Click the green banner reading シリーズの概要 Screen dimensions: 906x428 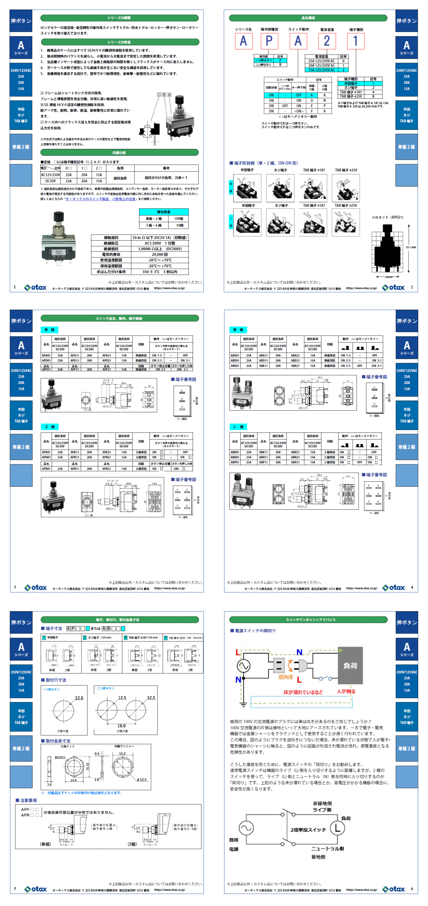(x=119, y=18)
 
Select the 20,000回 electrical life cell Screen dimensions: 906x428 (x=160, y=254)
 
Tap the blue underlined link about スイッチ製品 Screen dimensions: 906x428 (x=101, y=199)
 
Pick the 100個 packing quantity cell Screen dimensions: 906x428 (x=178, y=219)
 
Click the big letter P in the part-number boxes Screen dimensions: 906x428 (x=269, y=41)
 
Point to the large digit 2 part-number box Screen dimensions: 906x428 (x=327, y=41)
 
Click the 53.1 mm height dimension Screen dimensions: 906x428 (x=411, y=247)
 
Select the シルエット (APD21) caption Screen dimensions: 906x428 (x=387, y=217)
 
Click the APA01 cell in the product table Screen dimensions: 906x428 (x=46, y=355)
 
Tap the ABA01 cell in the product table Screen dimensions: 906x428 (x=235, y=355)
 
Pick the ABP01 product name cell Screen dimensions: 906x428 (x=235, y=462)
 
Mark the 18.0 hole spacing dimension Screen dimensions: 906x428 (x=121, y=725)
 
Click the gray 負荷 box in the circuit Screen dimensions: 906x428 (x=350, y=665)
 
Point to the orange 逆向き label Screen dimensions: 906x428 (x=285, y=676)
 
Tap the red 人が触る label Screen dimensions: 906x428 (x=346, y=691)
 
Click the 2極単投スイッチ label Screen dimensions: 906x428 (x=308, y=830)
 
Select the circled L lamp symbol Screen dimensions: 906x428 (x=337, y=827)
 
